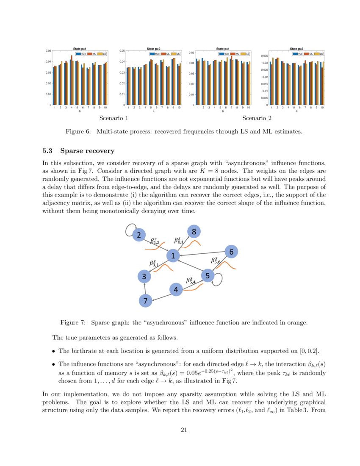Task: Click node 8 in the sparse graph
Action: (194, 232)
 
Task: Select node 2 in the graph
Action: (138, 235)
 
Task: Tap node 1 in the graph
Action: (173, 255)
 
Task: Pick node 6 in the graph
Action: (231, 252)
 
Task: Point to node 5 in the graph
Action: (208, 276)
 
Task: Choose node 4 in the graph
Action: (176, 290)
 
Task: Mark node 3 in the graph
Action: (144, 277)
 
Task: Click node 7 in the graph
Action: (145, 301)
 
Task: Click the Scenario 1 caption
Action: (114, 118)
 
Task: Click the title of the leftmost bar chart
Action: (80, 49)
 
